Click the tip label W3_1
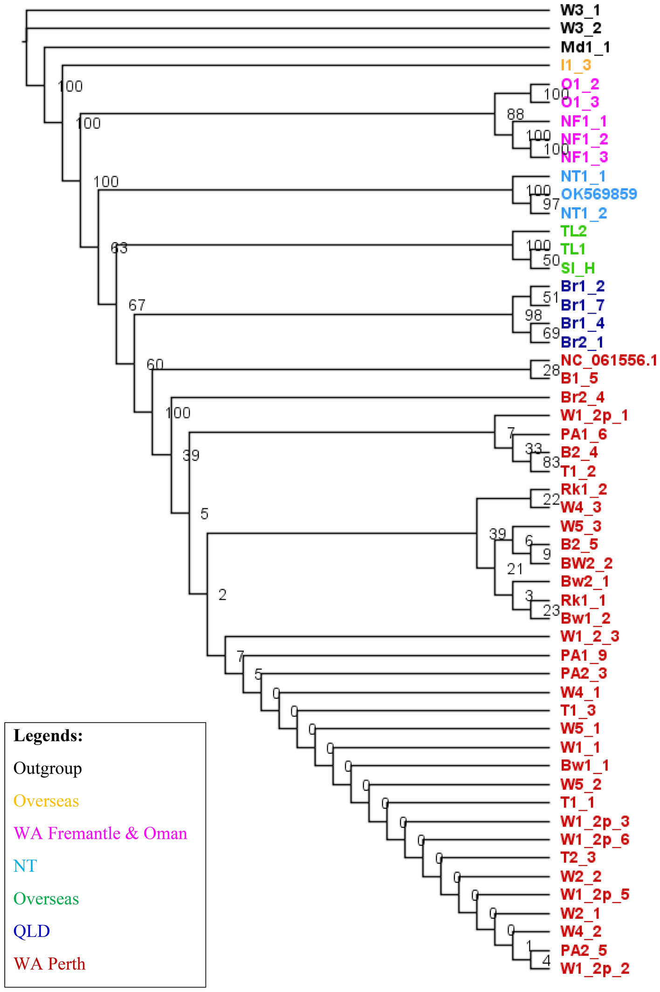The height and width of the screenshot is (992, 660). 580,10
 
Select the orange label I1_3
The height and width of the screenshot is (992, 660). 576,65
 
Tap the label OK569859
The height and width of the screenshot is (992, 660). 598,194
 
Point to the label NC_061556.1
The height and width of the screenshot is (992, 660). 608,360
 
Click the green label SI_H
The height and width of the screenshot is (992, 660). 577,268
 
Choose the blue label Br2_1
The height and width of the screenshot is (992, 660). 582,342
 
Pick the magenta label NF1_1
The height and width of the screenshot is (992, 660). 584,121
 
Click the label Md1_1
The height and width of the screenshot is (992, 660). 585,47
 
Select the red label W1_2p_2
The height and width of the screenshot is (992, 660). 595,969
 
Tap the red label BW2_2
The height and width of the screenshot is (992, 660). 586,563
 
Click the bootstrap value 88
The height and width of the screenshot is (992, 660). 516,114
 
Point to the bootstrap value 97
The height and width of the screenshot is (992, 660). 551,204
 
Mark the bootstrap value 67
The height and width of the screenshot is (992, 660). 137,305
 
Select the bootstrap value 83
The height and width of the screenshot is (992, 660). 551,462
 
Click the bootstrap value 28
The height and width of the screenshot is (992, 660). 551,370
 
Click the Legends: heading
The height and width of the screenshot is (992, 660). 48,736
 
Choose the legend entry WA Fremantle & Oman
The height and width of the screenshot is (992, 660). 100,833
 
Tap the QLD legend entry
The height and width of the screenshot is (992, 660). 32,931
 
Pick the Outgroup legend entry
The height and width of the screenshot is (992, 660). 48,768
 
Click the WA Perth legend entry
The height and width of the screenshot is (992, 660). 49,964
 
